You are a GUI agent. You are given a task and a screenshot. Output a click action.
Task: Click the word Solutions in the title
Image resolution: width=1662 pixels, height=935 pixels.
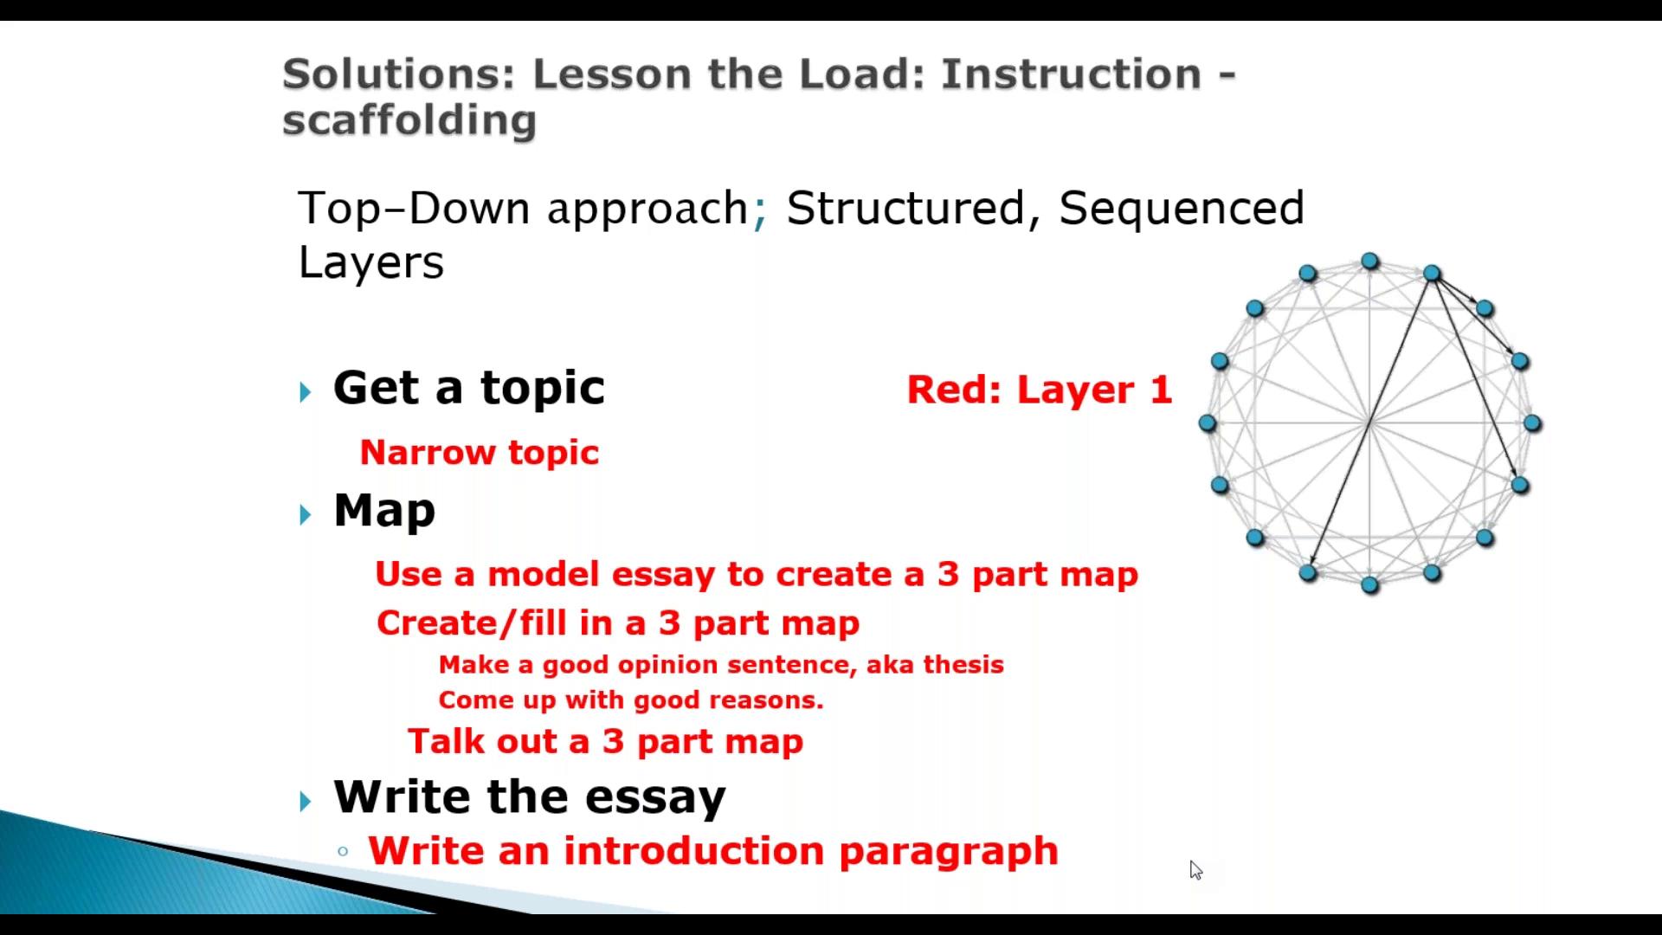(x=399, y=74)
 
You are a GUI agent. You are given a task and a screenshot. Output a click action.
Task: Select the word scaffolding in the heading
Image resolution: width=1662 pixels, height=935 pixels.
(x=409, y=120)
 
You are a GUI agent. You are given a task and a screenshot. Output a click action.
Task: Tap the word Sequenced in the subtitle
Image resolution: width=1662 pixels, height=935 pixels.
(x=1182, y=210)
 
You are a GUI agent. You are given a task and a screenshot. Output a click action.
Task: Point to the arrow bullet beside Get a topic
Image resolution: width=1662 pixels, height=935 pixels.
(x=306, y=392)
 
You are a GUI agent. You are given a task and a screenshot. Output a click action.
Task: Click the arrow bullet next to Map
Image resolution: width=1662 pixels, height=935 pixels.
(x=306, y=515)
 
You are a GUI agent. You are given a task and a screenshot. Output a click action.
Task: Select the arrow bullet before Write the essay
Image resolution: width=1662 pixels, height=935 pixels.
(x=306, y=801)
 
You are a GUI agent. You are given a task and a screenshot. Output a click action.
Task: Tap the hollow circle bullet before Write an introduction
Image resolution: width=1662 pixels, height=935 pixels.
(x=343, y=852)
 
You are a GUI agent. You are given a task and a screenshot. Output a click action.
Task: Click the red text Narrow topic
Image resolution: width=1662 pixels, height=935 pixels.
(x=479, y=453)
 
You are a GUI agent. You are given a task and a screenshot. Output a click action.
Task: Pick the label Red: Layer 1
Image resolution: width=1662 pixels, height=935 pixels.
(x=1040, y=390)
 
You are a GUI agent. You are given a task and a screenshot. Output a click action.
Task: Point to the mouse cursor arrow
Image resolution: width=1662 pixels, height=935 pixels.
(x=1195, y=870)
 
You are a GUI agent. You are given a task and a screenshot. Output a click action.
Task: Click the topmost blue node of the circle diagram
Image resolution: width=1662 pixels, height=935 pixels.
(x=1369, y=261)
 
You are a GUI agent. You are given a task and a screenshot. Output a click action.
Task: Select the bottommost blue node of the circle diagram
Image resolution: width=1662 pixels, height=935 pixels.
(x=1369, y=585)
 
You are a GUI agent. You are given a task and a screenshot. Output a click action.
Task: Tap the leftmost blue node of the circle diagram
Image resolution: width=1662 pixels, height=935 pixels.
(x=1208, y=423)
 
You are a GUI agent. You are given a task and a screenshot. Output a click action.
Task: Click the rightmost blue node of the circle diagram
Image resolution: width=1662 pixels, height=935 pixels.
(x=1532, y=423)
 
